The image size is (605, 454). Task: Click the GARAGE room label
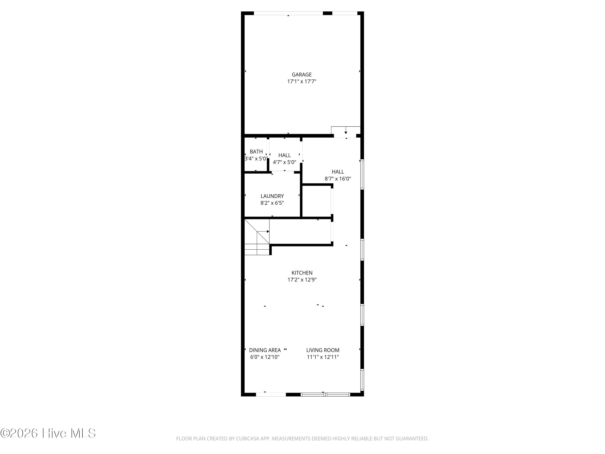pyautogui.click(x=301, y=74)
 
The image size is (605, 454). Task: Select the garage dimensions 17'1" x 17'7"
pyautogui.click(x=301, y=81)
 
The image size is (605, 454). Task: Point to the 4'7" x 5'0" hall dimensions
pyautogui.click(x=284, y=162)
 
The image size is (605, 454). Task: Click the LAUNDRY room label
pyautogui.click(x=272, y=196)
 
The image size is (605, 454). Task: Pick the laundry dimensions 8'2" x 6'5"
pyautogui.click(x=272, y=203)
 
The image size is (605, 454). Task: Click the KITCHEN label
pyautogui.click(x=302, y=273)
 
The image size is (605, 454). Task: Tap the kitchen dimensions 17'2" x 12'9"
pyautogui.click(x=302, y=279)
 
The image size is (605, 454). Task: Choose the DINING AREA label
pyautogui.click(x=265, y=350)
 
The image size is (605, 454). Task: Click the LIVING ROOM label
pyautogui.click(x=323, y=350)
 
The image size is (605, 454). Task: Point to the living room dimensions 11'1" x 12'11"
pyautogui.click(x=323, y=357)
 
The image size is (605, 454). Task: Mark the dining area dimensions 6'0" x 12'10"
pyautogui.click(x=265, y=357)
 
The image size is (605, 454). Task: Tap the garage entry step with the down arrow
pyautogui.click(x=346, y=130)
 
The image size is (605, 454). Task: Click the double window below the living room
pyautogui.click(x=325, y=394)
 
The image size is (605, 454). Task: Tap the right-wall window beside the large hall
pyautogui.click(x=362, y=175)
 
